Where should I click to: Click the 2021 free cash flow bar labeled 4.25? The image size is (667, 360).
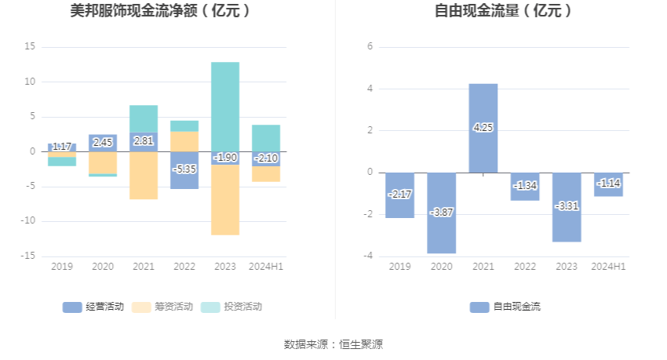(483, 128)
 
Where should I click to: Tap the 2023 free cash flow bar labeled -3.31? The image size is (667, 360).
(567, 207)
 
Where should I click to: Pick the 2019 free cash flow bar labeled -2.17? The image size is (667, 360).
(399, 195)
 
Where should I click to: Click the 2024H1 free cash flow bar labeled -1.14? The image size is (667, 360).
(608, 184)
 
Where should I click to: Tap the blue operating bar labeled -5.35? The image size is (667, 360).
(184, 170)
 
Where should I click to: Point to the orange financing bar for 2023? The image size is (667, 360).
(225, 199)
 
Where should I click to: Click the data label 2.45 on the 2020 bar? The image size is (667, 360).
(103, 143)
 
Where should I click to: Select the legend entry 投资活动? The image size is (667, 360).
(232, 307)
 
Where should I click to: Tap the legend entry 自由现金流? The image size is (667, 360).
(505, 307)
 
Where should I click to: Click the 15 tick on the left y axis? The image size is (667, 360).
(31, 47)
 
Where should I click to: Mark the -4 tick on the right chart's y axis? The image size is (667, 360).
(367, 256)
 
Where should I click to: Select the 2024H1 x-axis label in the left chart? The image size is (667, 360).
(266, 267)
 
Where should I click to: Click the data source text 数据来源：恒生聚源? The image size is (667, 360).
(333, 344)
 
